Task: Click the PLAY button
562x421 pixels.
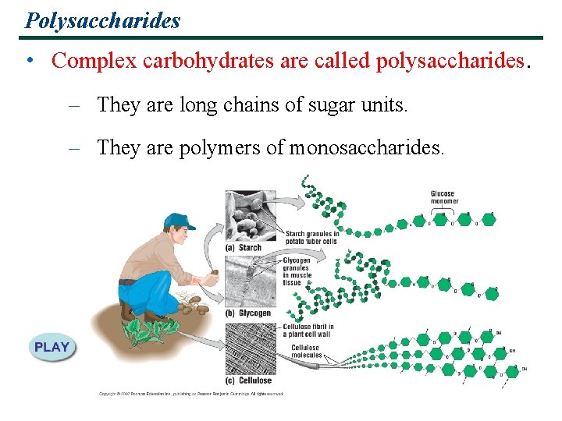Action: click(x=52, y=348)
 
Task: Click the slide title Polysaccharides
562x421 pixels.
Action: click(x=102, y=19)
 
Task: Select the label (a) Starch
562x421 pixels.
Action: click(x=244, y=248)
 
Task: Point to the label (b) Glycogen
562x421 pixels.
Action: click(x=248, y=313)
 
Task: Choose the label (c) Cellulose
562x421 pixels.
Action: click(x=248, y=380)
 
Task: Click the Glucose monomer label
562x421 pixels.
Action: click(x=443, y=197)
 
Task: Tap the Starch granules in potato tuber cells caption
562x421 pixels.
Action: click(x=311, y=237)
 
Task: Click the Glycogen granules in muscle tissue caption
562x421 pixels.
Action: click(x=297, y=271)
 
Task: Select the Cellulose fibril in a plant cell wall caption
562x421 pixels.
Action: click(x=308, y=331)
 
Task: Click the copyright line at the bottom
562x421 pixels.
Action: click(x=191, y=394)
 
